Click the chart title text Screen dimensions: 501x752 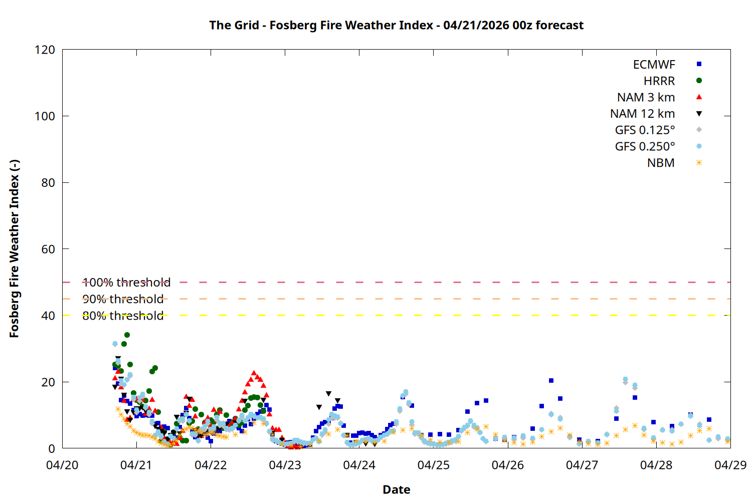coord(396,25)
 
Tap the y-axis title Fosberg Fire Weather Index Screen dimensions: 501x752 coord(14,248)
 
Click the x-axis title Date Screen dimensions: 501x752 coord(396,489)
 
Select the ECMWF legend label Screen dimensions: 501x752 coord(654,65)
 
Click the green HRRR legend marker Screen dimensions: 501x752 coord(699,81)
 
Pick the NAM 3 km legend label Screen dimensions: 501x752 coord(646,97)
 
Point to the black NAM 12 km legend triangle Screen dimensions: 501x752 coord(699,114)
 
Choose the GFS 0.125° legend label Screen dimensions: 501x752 coord(645,130)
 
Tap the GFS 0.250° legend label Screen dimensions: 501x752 coord(645,147)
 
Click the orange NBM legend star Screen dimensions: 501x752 coord(699,163)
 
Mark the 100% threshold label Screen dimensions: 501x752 coord(126,283)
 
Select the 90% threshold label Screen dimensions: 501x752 coord(123,299)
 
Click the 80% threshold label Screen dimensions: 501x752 coord(123,316)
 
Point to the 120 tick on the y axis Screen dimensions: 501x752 coord(45,50)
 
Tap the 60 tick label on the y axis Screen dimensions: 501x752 coord(48,249)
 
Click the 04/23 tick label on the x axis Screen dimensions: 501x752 coord(285,465)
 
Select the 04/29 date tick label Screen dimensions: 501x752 coord(730,465)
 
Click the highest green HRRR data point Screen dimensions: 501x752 coord(127,335)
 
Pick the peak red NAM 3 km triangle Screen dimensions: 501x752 coord(254,373)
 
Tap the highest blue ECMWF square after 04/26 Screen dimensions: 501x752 coord(551,381)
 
